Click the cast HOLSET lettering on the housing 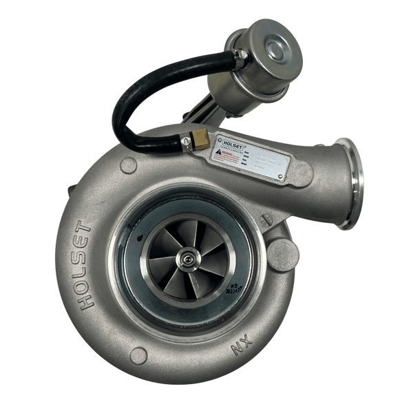(88, 265)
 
